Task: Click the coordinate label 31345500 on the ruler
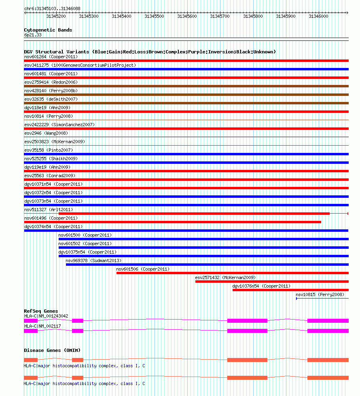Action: click(154, 16)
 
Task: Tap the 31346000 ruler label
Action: click(318, 16)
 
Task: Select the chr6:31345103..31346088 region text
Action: click(52, 8)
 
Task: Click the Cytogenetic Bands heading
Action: click(48, 30)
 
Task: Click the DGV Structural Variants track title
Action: click(150, 52)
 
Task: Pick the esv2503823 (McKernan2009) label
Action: click(55, 142)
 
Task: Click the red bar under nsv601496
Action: click(172, 222)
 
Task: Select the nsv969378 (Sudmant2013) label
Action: click(93, 260)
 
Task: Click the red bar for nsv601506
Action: click(232, 273)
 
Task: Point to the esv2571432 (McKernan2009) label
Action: click(225, 277)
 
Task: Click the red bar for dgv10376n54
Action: click(290, 290)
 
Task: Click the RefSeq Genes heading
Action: click(41, 311)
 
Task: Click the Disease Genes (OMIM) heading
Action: click(52, 350)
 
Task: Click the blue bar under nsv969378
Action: click(207, 265)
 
